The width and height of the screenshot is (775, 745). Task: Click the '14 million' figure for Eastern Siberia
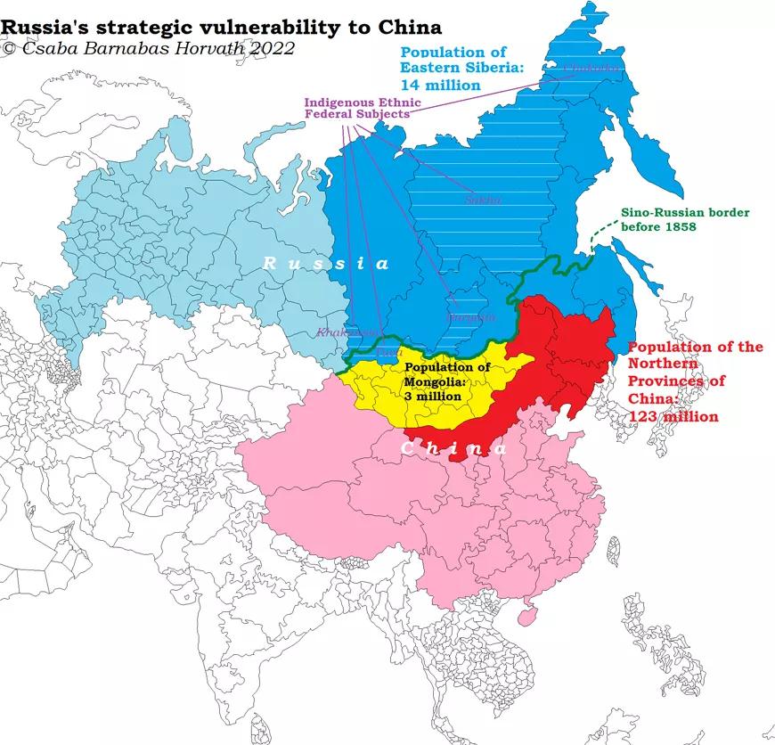click(x=440, y=85)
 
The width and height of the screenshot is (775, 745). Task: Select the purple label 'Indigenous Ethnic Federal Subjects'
click(x=356, y=108)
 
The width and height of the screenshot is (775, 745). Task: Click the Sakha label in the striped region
click(x=483, y=200)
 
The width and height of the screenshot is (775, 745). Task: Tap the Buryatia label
click(x=469, y=316)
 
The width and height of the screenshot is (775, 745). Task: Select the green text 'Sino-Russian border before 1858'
click(x=685, y=220)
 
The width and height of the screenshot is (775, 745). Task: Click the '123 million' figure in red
click(x=673, y=415)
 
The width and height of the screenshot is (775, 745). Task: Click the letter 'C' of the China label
click(x=406, y=449)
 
